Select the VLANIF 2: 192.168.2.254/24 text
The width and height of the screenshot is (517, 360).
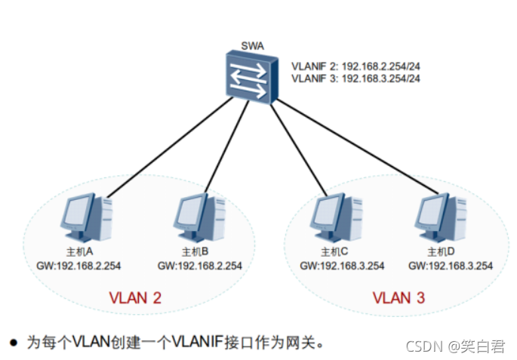(x=356, y=66)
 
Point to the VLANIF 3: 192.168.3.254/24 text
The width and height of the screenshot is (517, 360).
(x=356, y=78)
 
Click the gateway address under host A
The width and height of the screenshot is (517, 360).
(x=78, y=266)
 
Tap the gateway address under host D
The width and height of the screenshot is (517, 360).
(x=451, y=266)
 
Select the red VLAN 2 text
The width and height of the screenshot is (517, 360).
(x=135, y=298)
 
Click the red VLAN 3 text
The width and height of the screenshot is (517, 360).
(x=398, y=298)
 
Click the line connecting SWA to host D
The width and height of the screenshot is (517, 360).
(x=355, y=143)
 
